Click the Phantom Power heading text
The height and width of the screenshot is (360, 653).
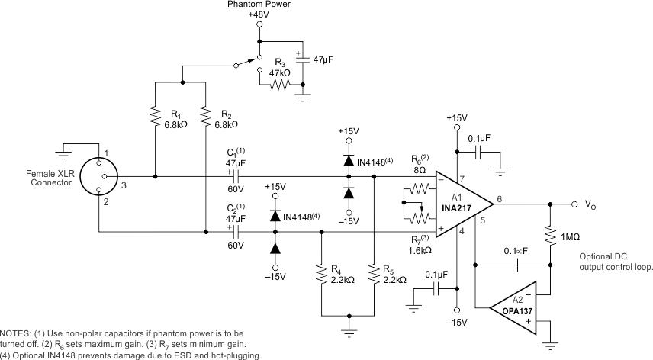click(x=259, y=5)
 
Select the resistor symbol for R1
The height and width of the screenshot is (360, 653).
click(x=155, y=117)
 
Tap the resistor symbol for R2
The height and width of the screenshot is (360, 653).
click(x=206, y=117)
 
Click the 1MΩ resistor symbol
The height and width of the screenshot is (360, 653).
click(x=549, y=235)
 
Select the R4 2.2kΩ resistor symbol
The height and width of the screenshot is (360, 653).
click(x=321, y=272)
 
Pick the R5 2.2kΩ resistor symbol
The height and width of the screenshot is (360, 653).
click(x=373, y=272)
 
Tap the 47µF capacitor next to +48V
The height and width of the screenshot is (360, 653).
click(x=304, y=58)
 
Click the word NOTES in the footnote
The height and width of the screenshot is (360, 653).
click(x=15, y=334)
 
